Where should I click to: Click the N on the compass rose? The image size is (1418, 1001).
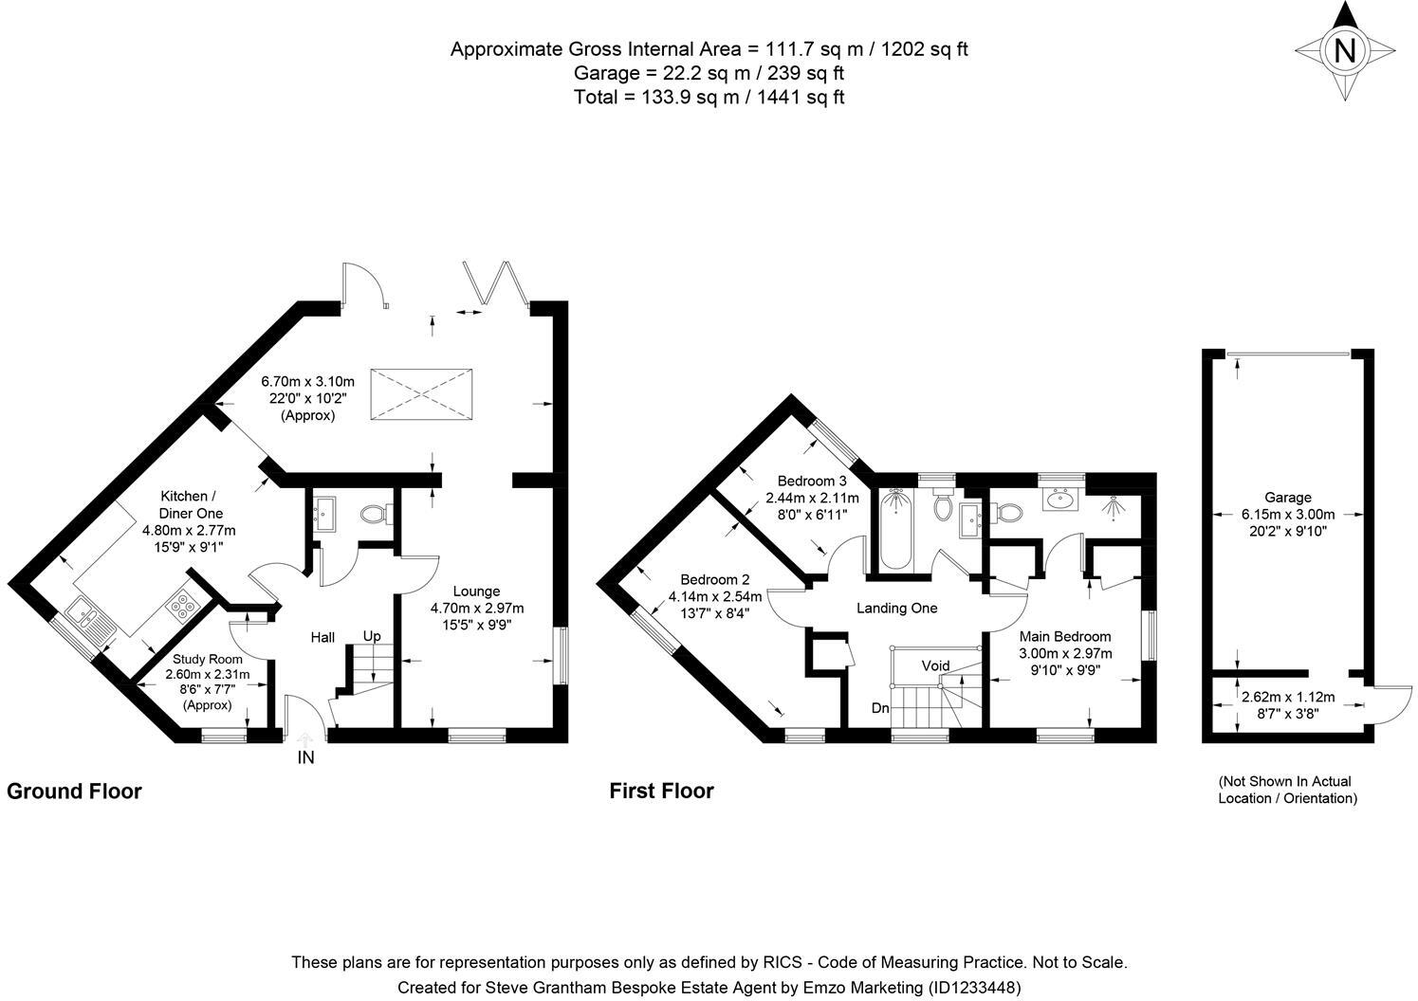[x=1345, y=50]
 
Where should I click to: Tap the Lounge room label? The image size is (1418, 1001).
[x=477, y=591]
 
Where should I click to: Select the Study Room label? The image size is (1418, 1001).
[x=208, y=660]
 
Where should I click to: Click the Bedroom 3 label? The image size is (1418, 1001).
[x=812, y=481]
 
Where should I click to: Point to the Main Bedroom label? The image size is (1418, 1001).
[x=1065, y=637]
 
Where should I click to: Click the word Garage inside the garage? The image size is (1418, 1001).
[x=1288, y=498]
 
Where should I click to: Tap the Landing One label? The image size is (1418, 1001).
[x=897, y=608]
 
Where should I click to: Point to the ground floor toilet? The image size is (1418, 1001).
[x=376, y=513]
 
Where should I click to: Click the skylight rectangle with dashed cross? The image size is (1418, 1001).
[x=421, y=393]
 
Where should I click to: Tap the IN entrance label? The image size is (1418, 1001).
[x=305, y=757]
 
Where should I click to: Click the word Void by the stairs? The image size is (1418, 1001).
[x=935, y=665]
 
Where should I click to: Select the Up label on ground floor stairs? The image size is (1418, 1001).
[x=372, y=637]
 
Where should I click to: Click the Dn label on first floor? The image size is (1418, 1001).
[x=880, y=708]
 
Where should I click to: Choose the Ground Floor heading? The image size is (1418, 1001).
[x=74, y=791]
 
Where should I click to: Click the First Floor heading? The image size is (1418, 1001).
[x=661, y=791]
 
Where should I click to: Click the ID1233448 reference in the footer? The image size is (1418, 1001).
[x=974, y=987]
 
